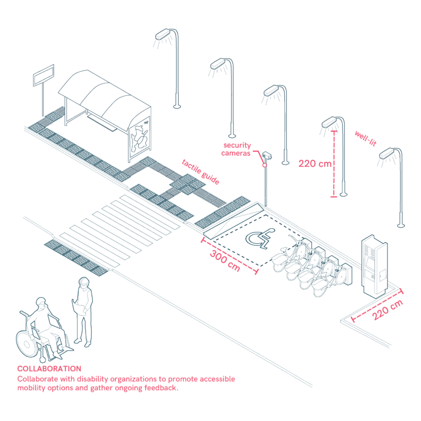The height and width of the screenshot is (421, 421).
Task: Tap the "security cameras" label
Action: (x=237, y=149)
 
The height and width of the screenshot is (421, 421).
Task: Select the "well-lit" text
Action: (x=365, y=138)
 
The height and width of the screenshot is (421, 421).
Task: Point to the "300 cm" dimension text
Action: (x=226, y=260)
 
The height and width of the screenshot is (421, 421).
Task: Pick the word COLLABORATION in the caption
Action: (x=49, y=369)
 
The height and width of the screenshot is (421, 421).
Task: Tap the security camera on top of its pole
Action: (x=267, y=156)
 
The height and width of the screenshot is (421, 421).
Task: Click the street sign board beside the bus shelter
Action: (x=44, y=75)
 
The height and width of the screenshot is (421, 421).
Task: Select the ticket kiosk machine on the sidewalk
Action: (x=374, y=268)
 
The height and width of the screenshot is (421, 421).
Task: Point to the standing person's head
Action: (x=83, y=283)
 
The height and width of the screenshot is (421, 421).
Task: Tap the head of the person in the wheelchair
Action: (x=41, y=304)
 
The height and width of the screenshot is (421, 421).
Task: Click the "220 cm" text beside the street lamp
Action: (x=315, y=163)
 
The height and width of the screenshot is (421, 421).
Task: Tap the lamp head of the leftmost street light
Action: (x=164, y=35)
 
